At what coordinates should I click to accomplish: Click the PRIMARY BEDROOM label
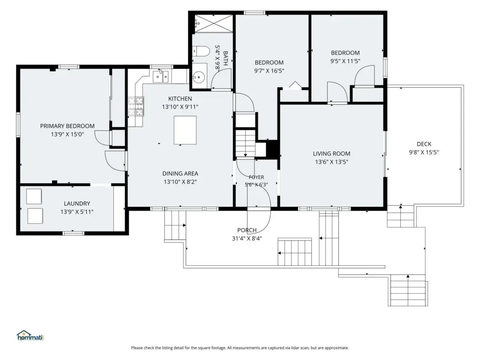pos(67,126)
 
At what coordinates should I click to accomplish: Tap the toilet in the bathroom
pos(201,51)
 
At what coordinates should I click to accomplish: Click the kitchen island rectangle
pos(185,130)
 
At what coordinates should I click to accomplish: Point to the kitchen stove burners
pos(136,106)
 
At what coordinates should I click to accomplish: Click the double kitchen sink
pos(161,76)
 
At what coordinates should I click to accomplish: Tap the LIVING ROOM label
pos(331,154)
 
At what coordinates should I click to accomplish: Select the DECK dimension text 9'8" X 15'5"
pos(424,152)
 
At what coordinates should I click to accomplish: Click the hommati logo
pos(30,336)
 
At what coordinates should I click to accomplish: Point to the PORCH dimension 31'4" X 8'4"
pos(247,238)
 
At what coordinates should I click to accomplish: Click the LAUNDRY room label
pos(77,203)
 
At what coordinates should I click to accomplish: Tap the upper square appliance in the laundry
pos(34,196)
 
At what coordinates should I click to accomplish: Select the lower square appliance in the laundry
pos(35,216)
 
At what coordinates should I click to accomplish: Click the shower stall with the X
pos(213,23)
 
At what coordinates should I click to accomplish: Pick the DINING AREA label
pos(180,173)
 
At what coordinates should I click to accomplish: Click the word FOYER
pos(256,177)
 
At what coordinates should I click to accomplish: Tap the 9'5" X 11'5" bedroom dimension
pos(345,61)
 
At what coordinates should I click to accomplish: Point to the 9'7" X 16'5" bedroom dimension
pos(269,71)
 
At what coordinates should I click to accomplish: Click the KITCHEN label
pos(180,98)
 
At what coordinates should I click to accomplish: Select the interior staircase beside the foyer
pos(245,143)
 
